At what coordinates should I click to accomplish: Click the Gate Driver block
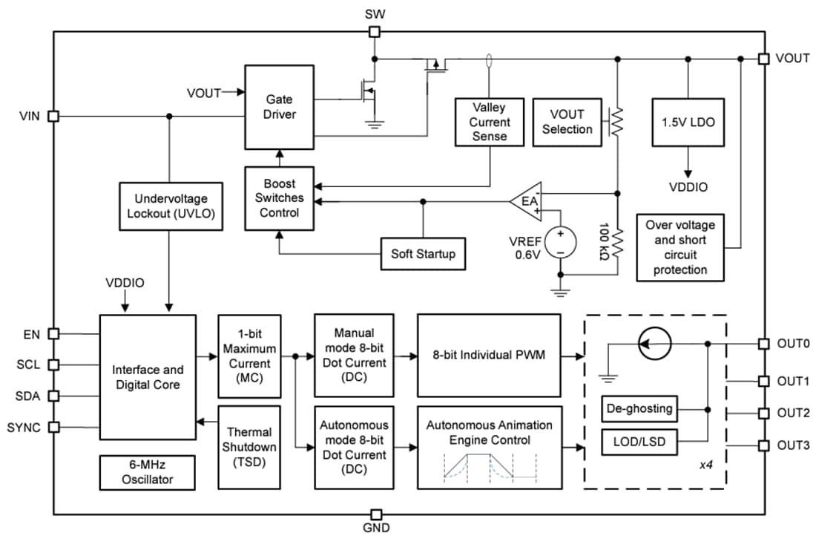tap(279, 107)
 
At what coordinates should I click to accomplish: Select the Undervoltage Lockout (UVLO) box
tap(171, 213)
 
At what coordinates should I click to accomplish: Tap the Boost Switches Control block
tap(279, 197)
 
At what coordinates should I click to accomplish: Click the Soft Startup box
tap(424, 254)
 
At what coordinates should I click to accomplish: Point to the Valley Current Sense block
tap(490, 121)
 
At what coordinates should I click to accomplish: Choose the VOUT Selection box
tap(567, 122)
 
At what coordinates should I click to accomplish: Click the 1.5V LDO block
tap(688, 122)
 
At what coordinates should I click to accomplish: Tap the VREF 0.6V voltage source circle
tap(561, 243)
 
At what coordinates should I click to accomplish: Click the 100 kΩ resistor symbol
tap(616, 239)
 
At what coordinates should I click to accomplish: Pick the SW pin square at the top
tap(375, 32)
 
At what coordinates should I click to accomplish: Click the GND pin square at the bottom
tap(376, 514)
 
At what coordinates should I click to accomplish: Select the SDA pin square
tap(53, 396)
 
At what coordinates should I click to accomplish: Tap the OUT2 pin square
tap(763, 413)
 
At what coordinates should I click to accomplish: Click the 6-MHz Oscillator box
tap(147, 472)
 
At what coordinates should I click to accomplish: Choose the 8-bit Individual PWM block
tap(488, 355)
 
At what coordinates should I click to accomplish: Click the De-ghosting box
tap(639, 408)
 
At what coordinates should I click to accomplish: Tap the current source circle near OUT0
tap(656, 344)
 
